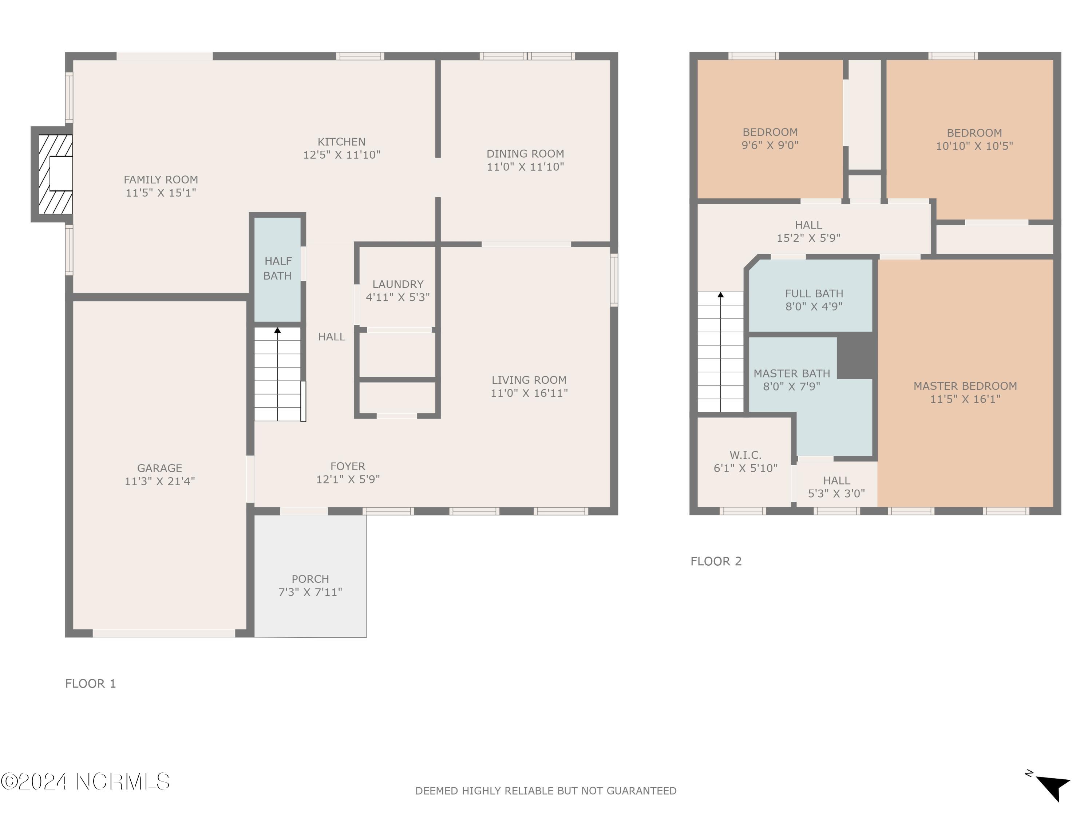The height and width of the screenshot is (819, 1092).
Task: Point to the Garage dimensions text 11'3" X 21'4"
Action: click(159, 481)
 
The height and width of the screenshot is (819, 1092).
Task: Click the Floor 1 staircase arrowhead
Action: click(277, 330)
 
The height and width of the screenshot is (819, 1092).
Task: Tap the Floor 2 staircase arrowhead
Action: click(721, 295)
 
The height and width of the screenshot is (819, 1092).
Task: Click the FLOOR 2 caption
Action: click(716, 561)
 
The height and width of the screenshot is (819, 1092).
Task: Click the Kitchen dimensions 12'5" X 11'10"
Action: click(342, 155)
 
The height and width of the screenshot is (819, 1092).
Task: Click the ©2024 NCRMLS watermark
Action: click(85, 782)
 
